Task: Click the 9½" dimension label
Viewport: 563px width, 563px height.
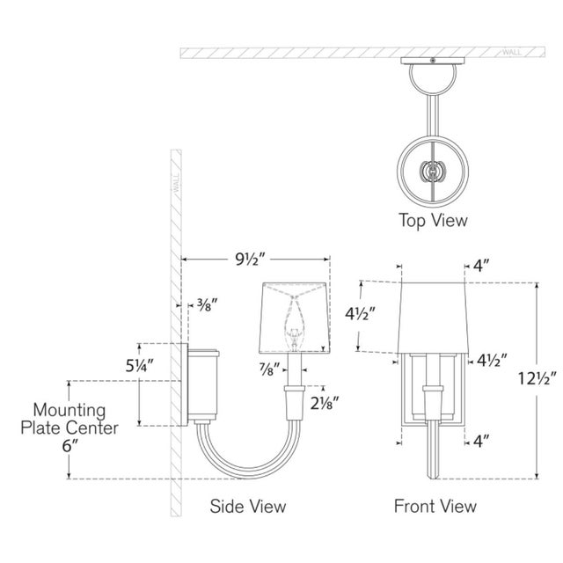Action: [x=250, y=259]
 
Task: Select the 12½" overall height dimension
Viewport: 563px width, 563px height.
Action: [x=537, y=378]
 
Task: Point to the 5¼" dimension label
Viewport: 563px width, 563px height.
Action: [x=140, y=366]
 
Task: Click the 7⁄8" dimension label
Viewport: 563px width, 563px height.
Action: [x=270, y=369]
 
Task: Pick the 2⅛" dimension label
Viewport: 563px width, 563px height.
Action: [x=325, y=404]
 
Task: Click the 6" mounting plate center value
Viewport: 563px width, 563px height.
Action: [x=69, y=446]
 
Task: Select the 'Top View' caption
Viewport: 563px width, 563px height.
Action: [x=433, y=220]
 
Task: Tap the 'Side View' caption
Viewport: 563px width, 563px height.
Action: [x=248, y=506]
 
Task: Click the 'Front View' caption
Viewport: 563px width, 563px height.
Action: [x=435, y=506]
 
